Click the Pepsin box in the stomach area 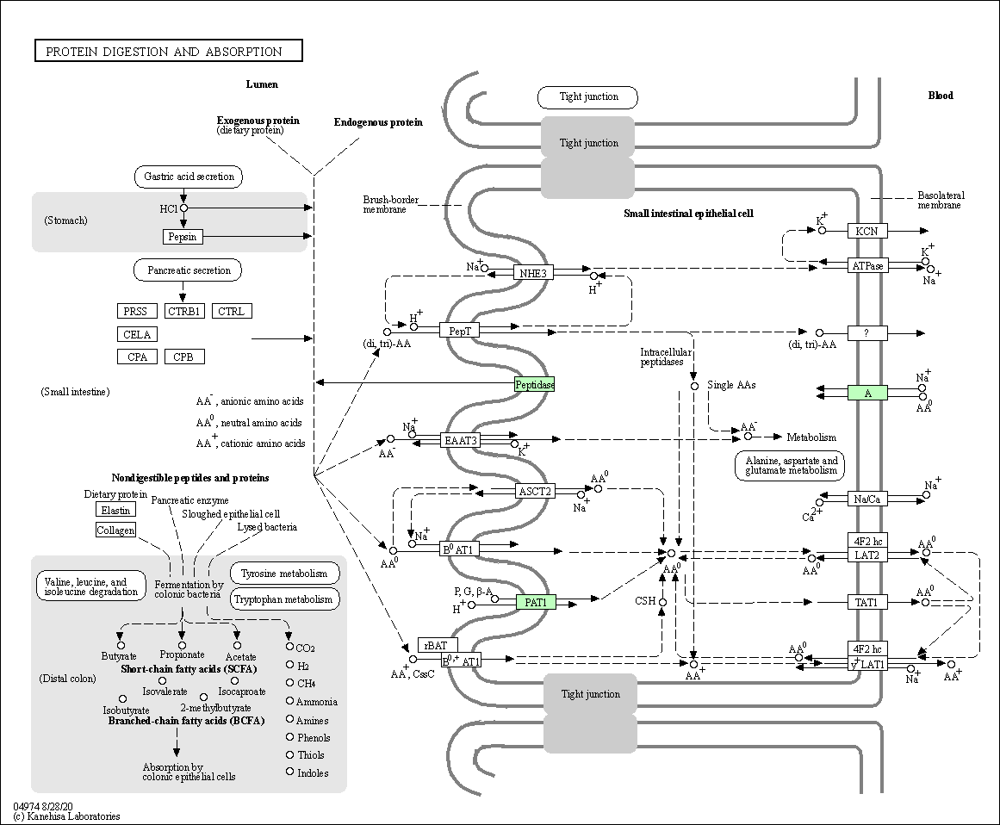[183, 237]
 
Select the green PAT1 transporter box [536, 602]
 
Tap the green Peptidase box [534, 384]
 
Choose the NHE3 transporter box [533, 273]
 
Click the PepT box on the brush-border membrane [459, 331]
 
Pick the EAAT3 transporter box [461, 440]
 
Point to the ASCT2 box [534, 491]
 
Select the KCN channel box [867, 231]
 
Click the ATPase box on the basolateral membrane [867, 265]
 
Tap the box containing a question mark [867, 332]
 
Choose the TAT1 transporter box [867, 602]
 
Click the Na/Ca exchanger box [867, 499]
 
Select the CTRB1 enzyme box [184, 311]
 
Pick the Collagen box [115, 530]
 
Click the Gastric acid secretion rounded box [189, 177]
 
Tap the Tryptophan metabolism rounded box [283, 599]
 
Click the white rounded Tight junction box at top [588, 97]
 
